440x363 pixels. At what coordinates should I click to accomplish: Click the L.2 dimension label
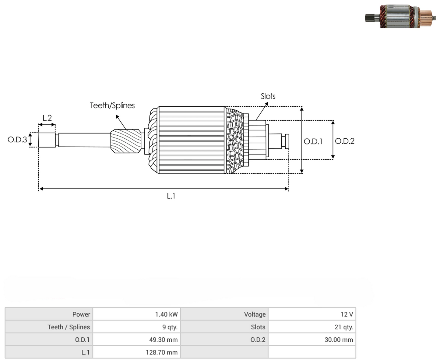point(47,118)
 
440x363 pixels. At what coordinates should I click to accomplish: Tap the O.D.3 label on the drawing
point(17,140)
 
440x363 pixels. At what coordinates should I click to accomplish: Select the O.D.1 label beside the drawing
point(313,141)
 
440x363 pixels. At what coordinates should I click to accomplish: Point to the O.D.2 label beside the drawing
point(345,141)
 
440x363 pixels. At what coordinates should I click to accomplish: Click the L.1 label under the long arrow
point(171,196)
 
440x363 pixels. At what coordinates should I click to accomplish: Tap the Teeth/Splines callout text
point(112,105)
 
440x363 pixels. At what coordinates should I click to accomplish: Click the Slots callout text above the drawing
point(268,96)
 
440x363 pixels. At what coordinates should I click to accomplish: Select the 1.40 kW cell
point(167,314)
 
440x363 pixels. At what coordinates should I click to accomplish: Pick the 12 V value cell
point(347,314)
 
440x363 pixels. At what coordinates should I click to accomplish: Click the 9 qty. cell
point(170,327)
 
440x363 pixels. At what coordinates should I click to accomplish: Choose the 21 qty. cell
point(344,327)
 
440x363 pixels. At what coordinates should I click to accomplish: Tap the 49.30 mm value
point(163,340)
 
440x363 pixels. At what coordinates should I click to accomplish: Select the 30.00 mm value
point(339,340)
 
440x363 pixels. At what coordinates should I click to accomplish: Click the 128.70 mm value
point(162,352)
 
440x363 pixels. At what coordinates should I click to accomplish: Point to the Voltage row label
point(255,314)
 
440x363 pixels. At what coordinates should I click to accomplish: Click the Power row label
point(81,314)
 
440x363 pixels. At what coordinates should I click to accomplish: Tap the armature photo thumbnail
point(400,16)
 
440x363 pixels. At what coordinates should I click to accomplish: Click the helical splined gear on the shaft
point(126,141)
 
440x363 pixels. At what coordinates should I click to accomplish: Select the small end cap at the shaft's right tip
point(287,141)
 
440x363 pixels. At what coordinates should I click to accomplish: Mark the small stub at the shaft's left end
point(47,140)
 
